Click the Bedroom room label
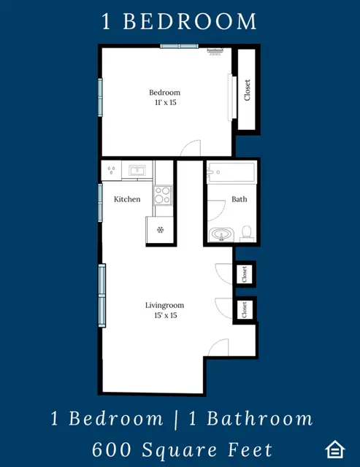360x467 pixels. [164, 93]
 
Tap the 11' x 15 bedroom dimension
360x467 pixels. [166, 102]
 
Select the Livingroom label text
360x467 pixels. [164, 306]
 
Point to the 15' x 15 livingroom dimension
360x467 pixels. [166, 315]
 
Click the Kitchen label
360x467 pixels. [127, 199]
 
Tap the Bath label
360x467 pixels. [240, 199]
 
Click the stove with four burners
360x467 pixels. [163, 196]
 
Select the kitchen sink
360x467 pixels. [137, 171]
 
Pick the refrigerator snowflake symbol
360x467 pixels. [161, 230]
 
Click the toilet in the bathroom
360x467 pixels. [247, 233]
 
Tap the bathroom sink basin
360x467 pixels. [221, 234]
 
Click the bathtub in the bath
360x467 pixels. [231, 172]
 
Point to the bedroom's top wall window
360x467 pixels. [179, 46]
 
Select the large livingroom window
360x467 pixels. [102, 296]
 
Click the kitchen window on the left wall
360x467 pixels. [100, 203]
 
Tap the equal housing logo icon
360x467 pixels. [335, 449]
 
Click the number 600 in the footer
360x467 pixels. [112, 449]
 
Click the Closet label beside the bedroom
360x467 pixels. [247, 90]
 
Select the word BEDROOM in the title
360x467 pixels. [190, 21]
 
